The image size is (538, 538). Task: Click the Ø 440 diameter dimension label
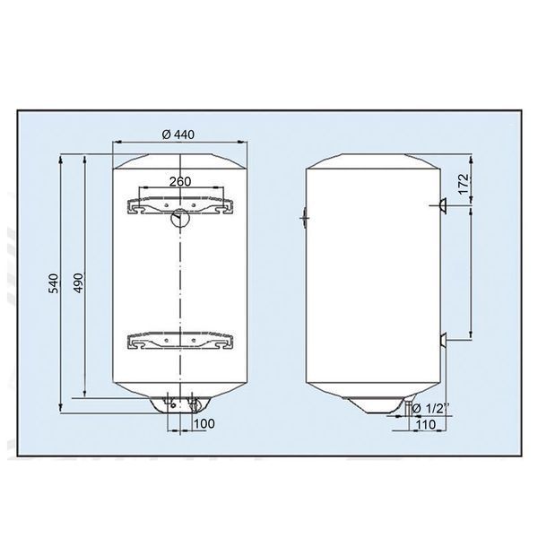click(x=178, y=134)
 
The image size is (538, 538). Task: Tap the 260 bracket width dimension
click(x=180, y=181)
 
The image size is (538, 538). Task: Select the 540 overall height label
click(x=53, y=283)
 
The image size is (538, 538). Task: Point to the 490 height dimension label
click(x=79, y=282)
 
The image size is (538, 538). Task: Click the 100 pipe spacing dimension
click(x=204, y=424)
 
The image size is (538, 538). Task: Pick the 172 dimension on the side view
click(x=464, y=184)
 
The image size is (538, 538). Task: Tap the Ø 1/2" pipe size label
click(x=430, y=408)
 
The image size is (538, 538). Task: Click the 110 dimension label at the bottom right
click(x=425, y=424)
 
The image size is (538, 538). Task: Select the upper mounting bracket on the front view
click(x=180, y=205)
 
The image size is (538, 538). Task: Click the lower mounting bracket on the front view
click(x=180, y=341)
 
